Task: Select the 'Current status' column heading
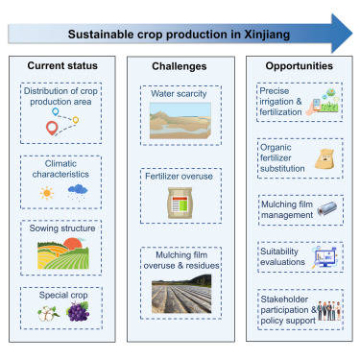(60, 69)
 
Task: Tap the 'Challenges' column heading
(180, 69)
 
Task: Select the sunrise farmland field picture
(60, 252)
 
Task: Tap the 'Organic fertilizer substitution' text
(278, 157)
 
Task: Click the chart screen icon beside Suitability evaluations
(324, 256)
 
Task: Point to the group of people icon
(327, 309)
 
